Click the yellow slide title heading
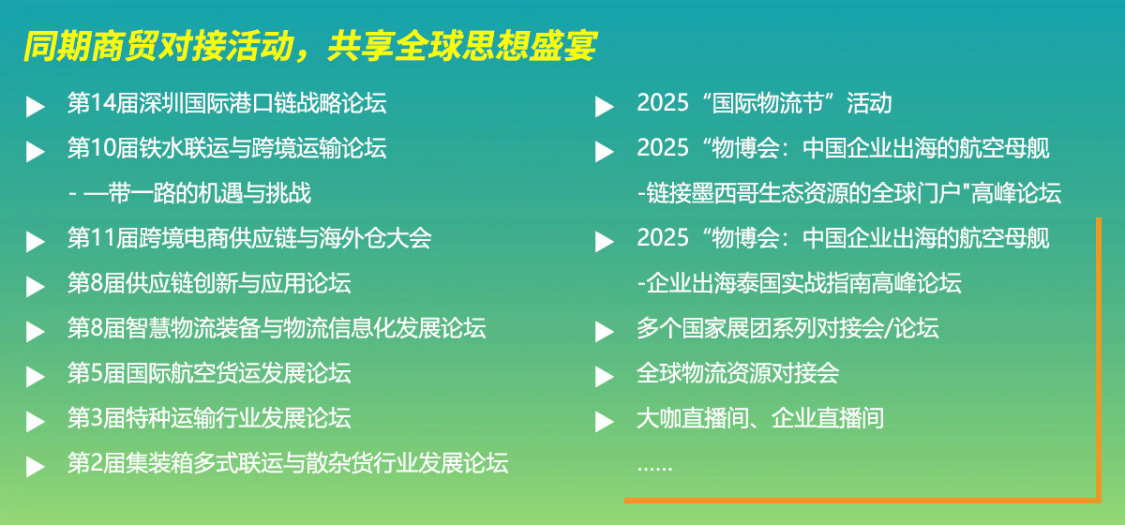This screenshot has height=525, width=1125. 310,47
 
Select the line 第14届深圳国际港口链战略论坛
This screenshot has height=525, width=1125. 227,103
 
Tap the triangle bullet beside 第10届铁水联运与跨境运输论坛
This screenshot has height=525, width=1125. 36,152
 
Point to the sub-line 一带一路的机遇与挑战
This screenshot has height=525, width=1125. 198,193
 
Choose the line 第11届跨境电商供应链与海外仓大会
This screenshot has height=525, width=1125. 249,238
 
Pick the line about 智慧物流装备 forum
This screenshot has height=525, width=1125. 277,328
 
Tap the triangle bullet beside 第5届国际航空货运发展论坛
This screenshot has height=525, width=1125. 36,377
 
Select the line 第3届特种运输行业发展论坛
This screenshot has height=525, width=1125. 209,418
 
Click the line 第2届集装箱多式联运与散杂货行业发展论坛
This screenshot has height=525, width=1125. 288,463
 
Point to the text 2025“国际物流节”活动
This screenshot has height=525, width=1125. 764,103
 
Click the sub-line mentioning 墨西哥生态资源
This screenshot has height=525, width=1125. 849,193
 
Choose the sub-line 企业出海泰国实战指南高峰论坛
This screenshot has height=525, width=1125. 799,283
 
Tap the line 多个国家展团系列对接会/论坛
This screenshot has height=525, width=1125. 787,328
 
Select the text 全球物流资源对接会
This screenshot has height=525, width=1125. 738,373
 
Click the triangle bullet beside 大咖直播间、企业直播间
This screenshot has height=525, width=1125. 605,422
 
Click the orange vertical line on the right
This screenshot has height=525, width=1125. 1099,359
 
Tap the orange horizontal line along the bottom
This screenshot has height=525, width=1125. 862,501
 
